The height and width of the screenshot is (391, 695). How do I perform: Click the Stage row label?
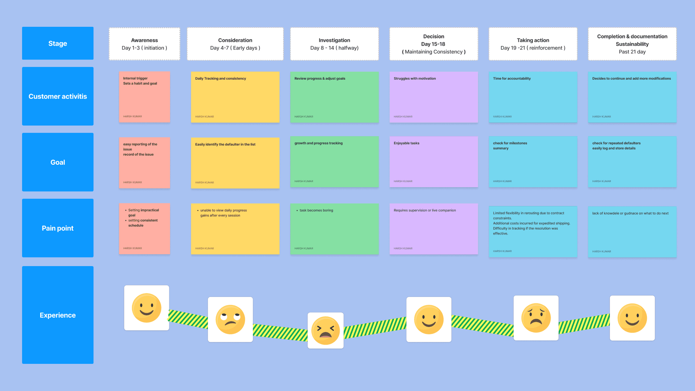coord(58,43)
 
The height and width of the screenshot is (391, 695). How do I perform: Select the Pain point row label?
coord(58,228)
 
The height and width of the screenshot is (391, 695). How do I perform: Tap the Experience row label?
coord(58,315)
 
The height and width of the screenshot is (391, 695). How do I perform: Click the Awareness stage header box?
coord(144,44)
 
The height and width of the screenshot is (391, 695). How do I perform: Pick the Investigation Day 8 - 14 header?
coord(334,44)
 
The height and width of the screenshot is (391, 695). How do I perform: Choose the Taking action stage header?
coord(533,44)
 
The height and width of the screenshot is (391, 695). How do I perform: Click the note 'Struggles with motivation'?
coord(433,97)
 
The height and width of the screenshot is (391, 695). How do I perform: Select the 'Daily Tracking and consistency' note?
coord(235,97)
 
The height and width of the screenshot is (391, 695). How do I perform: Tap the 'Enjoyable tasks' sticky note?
coord(433,161)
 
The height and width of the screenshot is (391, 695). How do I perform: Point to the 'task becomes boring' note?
coord(334,229)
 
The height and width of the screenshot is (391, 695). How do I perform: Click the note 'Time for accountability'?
coord(533,97)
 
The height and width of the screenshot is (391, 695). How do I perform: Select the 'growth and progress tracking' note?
coord(334,161)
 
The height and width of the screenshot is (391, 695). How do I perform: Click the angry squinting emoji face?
coord(325,331)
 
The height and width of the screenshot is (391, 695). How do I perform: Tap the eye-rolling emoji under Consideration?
coord(230,319)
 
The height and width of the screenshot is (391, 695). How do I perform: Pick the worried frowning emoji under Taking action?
coord(536,318)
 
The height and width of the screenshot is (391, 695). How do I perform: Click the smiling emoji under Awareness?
coord(147,308)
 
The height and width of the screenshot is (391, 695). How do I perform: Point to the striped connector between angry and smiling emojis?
coord(375,327)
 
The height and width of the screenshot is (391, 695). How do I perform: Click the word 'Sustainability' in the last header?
coord(632,44)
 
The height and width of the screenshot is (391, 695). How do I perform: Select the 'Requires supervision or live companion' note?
coord(433,229)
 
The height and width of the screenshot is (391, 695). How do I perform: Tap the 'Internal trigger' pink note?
coord(144,97)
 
